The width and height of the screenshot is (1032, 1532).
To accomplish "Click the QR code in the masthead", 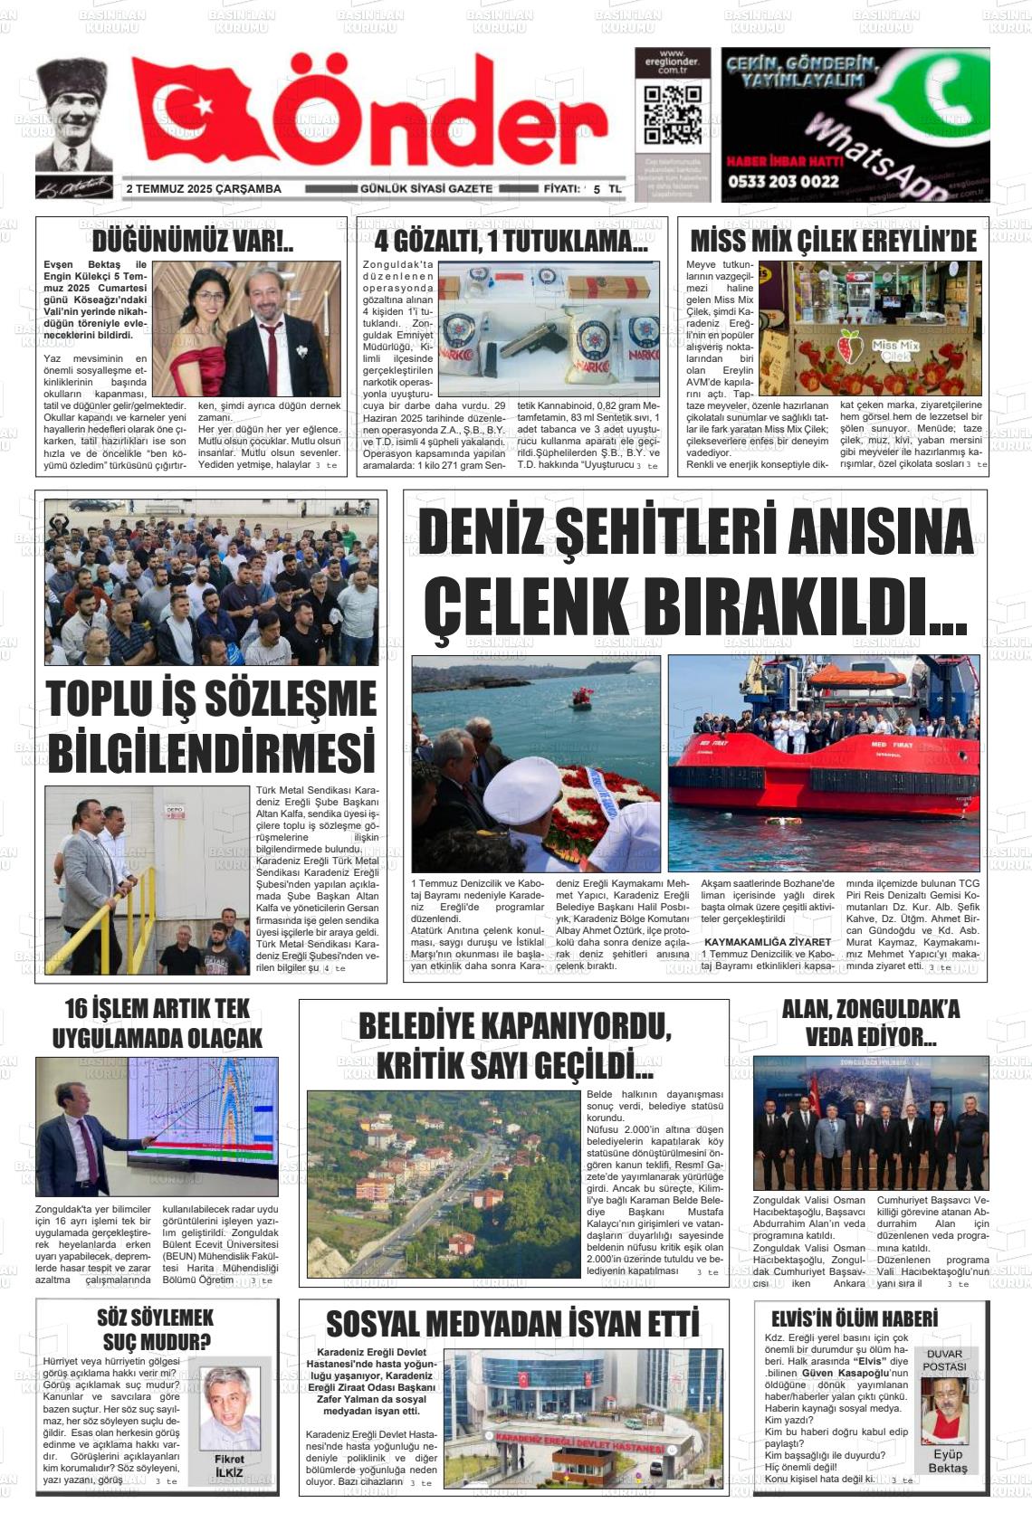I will pyautogui.click(x=672, y=116).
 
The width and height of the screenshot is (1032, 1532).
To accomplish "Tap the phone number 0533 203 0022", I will pyautogui.click(x=782, y=181).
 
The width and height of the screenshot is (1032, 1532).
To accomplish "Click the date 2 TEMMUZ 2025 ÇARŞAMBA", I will pyautogui.click(x=204, y=189).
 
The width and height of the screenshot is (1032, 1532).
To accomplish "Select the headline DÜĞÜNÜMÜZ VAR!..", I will pyautogui.click(x=192, y=242).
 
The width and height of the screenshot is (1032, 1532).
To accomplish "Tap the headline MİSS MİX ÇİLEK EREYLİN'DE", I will pyautogui.click(x=833, y=242).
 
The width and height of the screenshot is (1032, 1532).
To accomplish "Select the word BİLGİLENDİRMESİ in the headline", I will pyautogui.click(x=211, y=753).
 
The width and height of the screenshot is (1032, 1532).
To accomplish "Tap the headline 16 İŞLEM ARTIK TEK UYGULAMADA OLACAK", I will pyautogui.click(x=157, y=1023).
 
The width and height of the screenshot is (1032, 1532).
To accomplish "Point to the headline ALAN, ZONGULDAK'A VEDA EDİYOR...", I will pyautogui.click(x=870, y=1023).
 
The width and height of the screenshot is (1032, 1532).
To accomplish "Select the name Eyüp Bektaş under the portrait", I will pyautogui.click(x=948, y=1461).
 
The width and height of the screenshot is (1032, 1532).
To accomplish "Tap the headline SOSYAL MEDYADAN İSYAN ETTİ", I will pyautogui.click(x=512, y=1324).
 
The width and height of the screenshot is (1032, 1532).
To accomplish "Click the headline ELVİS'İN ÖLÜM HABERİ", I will pyautogui.click(x=854, y=1318).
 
